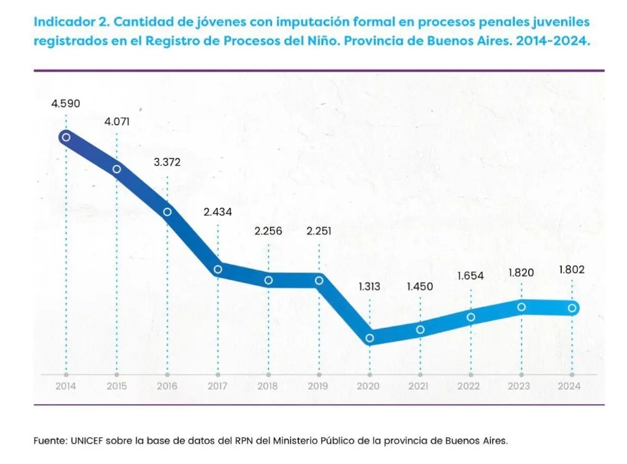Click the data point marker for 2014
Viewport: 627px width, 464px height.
[x=66, y=137]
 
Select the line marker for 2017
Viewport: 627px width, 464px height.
[x=218, y=269]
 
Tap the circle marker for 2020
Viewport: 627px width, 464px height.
[x=370, y=338]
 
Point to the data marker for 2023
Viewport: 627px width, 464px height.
[x=521, y=307]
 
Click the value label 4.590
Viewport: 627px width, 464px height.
[x=66, y=103]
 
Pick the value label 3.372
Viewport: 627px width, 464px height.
[x=167, y=162]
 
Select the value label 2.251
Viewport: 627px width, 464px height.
[x=319, y=232]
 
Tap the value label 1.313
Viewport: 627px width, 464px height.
[x=370, y=286]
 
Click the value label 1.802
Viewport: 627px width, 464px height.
[x=572, y=270]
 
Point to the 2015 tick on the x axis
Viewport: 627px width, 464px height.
[x=116, y=385]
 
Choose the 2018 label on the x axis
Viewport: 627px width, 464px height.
[x=268, y=385]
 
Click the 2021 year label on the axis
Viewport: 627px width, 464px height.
[x=419, y=385]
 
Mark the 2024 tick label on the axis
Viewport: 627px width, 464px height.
[x=570, y=385]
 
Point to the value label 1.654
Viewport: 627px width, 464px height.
[x=471, y=276]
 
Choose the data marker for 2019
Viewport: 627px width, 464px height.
[x=319, y=280]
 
